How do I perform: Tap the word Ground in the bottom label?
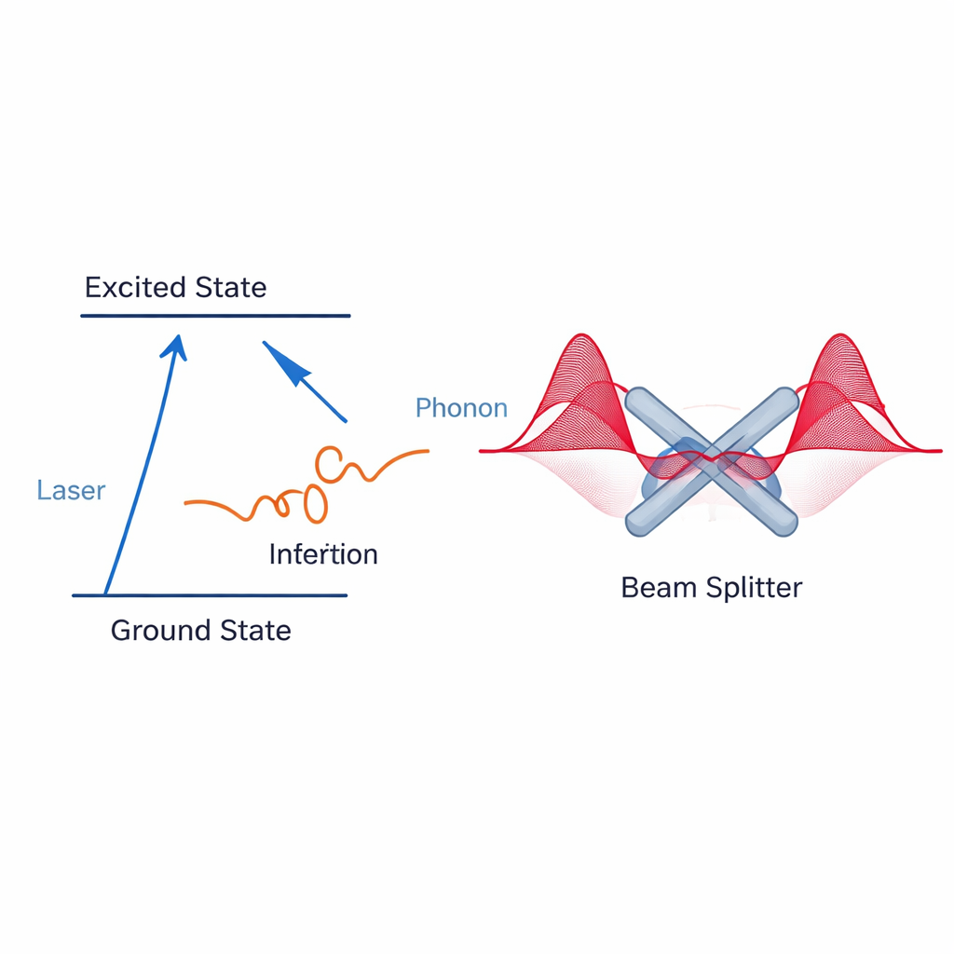[158, 631]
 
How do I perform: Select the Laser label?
[71, 490]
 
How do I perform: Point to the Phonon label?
[461, 408]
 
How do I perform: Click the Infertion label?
[323, 554]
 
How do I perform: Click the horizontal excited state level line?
[215, 316]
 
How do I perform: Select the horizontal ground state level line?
[210, 595]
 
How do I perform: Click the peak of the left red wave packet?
[583, 337]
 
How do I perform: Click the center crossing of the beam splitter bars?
[712, 461]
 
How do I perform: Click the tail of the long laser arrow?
[106, 593]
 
